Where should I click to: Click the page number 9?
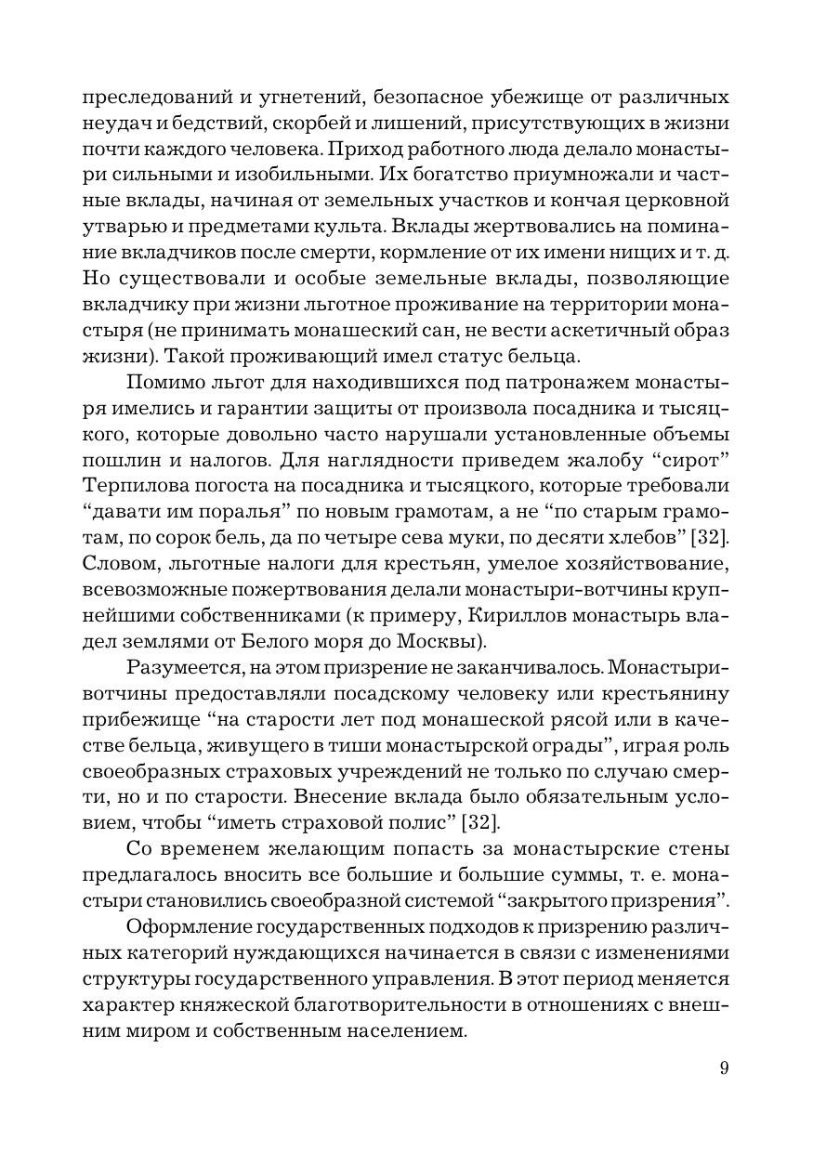click(x=724, y=1068)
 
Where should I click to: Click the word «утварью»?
click(x=116, y=227)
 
